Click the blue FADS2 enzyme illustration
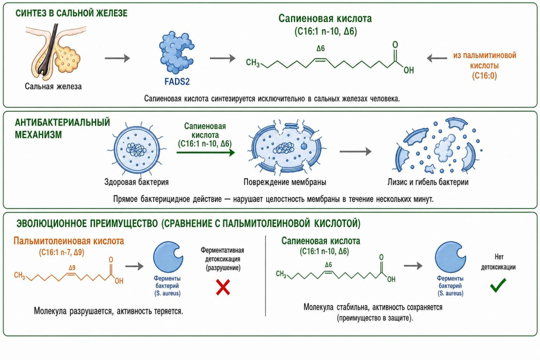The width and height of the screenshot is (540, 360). pyautogui.click(x=177, y=53)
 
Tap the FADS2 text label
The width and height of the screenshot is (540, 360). pyautogui.click(x=177, y=82)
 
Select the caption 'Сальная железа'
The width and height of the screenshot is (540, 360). pyautogui.click(x=53, y=86)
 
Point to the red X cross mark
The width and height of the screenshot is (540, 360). pyautogui.click(x=223, y=287)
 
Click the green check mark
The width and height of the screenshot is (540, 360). pyautogui.click(x=498, y=285)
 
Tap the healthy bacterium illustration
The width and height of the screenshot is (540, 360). pyautogui.click(x=137, y=149)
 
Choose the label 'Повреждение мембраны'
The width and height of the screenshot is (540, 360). pyautogui.click(x=285, y=182)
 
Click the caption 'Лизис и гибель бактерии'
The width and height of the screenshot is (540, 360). pyautogui.click(x=428, y=182)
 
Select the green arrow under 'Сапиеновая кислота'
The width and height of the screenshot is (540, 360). pyautogui.click(x=206, y=152)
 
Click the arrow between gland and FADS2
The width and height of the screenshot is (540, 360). pyautogui.click(x=118, y=58)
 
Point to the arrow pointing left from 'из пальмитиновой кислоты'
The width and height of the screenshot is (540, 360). pyautogui.click(x=437, y=58)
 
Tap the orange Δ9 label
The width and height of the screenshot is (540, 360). pyautogui.click(x=72, y=267)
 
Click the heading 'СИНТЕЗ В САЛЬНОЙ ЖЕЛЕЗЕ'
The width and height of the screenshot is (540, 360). pyautogui.click(x=71, y=13)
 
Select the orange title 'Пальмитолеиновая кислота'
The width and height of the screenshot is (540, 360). pyautogui.click(x=69, y=240)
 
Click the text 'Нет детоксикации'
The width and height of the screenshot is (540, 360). pyautogui.click(x=498, y=262)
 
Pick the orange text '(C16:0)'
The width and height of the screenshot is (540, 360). pyautogui.click(x=484, y=75)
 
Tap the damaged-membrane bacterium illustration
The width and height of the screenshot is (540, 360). pyautogui.click(x=284, y=148)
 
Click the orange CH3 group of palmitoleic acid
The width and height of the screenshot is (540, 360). pyautogui.click(x=20, y=275)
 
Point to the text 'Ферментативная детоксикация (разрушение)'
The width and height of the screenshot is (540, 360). pyautogui.click(x=223, y=259)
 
